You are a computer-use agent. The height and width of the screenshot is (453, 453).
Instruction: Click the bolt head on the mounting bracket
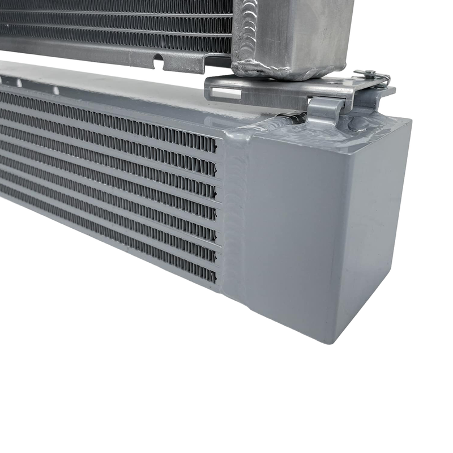(x=369, y=72)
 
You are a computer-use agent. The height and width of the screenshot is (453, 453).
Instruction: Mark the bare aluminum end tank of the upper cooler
(x=294, y=34)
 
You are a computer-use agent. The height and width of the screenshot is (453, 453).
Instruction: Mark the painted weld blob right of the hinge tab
(x=362, y=121)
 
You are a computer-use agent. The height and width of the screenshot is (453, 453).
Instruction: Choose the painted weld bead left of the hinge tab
(x=289, y=119)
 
